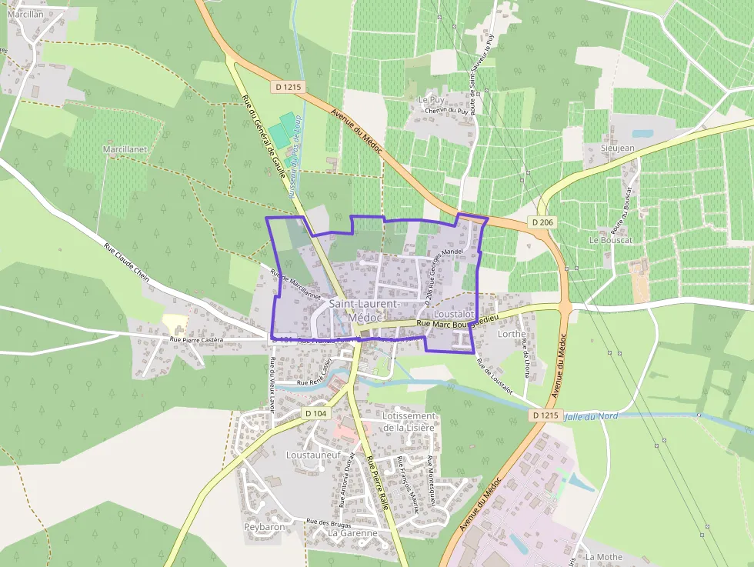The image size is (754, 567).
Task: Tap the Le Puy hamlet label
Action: click(x=432, y=100)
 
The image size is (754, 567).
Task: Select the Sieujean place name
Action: click(x=618, y=148)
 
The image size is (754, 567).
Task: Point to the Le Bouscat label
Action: click(x=610, y=240)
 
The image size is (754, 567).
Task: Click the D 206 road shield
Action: click(x=542, y=222)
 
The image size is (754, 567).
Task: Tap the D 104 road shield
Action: click(x=315, y=413)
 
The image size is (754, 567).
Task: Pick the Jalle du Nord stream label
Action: click(x=592, y=416)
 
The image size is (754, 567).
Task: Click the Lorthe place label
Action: click(x=512, y=334)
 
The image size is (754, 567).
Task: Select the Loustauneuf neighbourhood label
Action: click(x=312, y=455)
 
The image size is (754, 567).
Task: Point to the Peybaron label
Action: click(x=265, y=527)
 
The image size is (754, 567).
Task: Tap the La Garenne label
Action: click(x=352, y=532)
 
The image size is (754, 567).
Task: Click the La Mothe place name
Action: click(x=603, y=556)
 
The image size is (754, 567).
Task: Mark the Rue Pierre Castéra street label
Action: click(x=196, y=339)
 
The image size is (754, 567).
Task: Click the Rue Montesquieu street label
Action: click(x=431, y=476)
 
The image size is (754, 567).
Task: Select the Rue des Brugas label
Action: click(x=327, y=522)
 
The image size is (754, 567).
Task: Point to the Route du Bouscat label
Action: click(x=621, y=209)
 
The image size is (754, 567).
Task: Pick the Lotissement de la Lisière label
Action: click(x=409, y=422)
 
